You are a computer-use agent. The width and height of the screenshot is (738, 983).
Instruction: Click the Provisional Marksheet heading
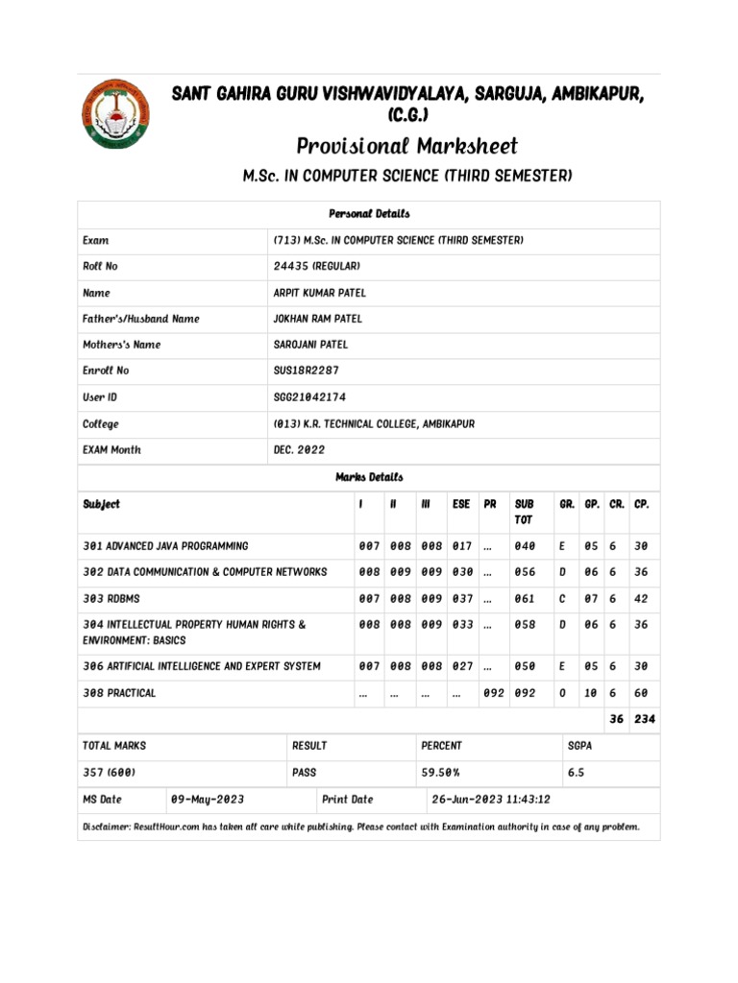point(406,146)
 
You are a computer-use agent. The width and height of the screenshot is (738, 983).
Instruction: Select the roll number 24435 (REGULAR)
point(316,266)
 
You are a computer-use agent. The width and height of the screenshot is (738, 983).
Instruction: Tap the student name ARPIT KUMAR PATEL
point(320,293)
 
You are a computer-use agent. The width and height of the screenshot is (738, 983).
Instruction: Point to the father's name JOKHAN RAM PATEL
point(318,319)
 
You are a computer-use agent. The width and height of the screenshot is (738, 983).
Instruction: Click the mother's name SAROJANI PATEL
point(310,345)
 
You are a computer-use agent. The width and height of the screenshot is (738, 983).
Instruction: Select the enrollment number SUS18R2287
point(307,371)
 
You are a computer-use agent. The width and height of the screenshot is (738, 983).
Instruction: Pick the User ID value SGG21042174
point(309,396)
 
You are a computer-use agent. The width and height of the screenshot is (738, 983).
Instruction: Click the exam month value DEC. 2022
point(300,449)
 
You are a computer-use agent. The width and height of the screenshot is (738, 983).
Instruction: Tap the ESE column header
point(461,504)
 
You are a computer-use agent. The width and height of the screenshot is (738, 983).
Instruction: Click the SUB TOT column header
point(524,511)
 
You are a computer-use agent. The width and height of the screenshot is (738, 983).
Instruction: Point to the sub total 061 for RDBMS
point(525,599)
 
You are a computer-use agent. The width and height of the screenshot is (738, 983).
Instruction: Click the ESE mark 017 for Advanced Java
point(462,546)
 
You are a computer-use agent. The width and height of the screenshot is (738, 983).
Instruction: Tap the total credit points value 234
point(644,719)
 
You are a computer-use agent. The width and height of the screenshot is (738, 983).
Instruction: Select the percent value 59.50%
point(442,772)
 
